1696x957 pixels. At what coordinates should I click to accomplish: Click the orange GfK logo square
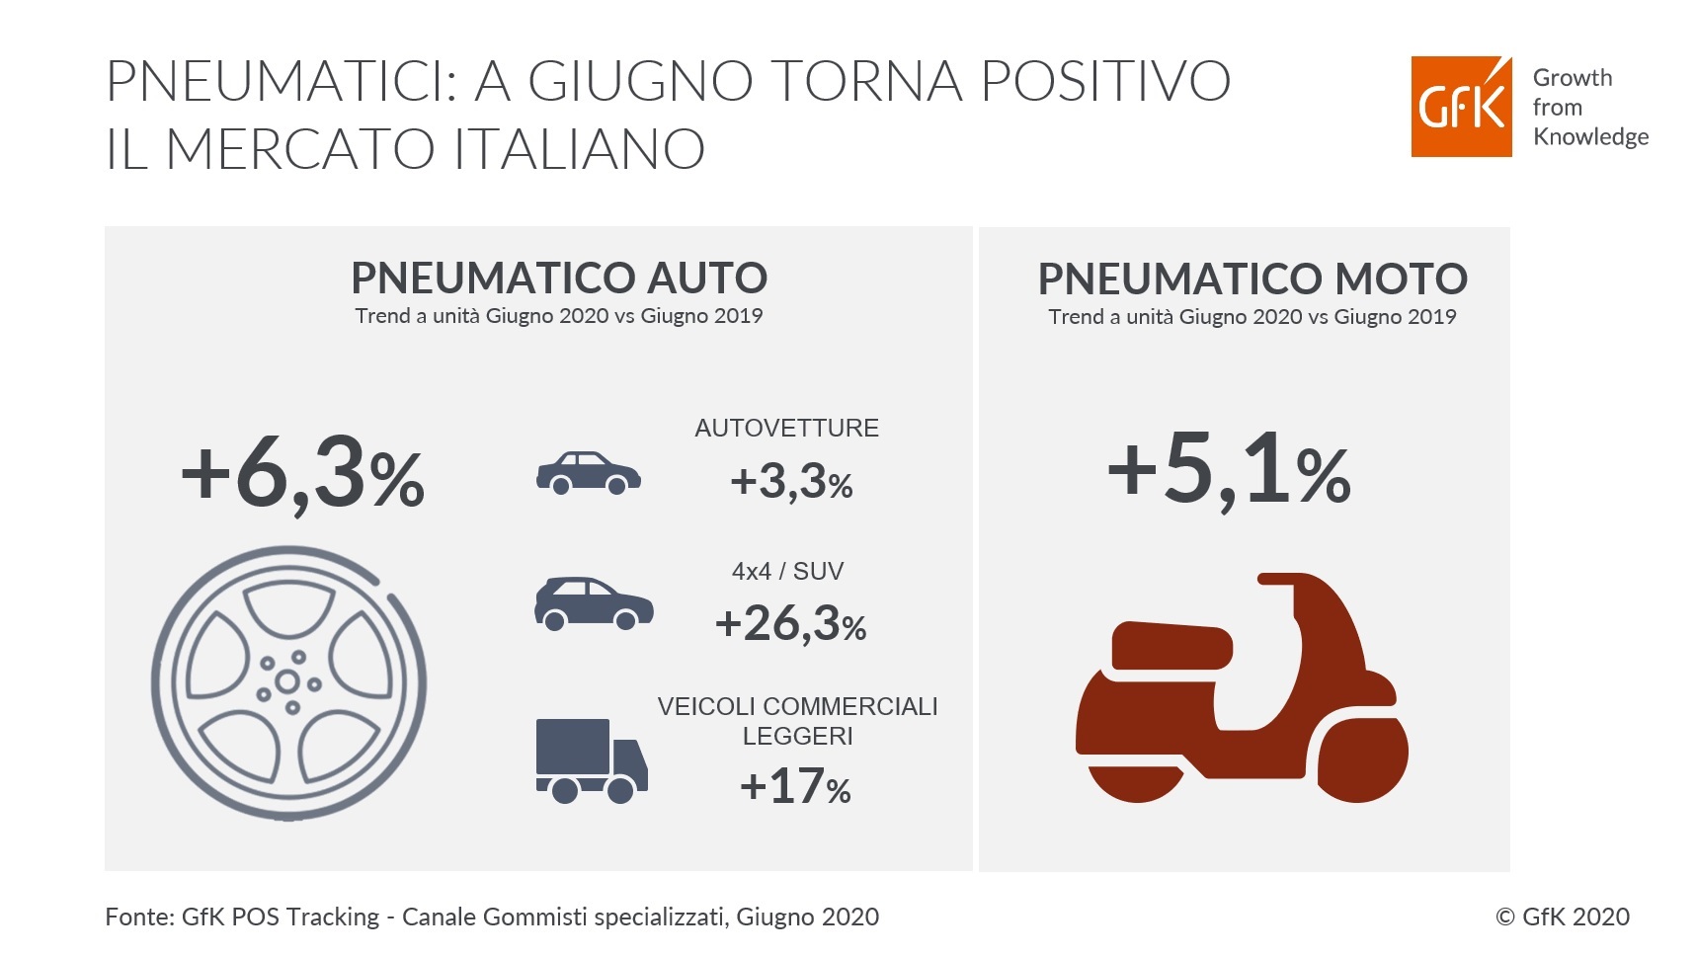click(1460, 107)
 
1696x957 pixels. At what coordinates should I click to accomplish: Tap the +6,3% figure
click(302, 476)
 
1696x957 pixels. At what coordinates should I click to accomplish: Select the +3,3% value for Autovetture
click(791, 482)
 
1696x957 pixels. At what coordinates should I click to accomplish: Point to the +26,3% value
click(790, 623)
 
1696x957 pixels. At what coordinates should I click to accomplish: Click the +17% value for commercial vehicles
click(795, 786)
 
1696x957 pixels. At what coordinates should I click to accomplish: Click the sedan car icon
click(588, 473)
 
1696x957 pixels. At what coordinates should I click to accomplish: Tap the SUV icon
click(593, 603)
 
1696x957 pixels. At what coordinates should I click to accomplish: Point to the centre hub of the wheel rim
click(287, 681)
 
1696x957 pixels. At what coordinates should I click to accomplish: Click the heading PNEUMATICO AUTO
click(559, 279)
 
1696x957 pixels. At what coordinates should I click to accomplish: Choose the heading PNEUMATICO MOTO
click(1252, 279)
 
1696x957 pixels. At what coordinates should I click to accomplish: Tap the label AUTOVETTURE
click(786, 428)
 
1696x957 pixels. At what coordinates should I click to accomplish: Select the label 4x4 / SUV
click(787, 571)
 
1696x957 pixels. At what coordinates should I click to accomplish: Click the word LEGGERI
click(797, 736)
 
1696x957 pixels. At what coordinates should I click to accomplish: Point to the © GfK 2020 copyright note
click(1562, 917)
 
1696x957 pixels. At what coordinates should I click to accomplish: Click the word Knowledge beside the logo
click(1590, 136)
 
